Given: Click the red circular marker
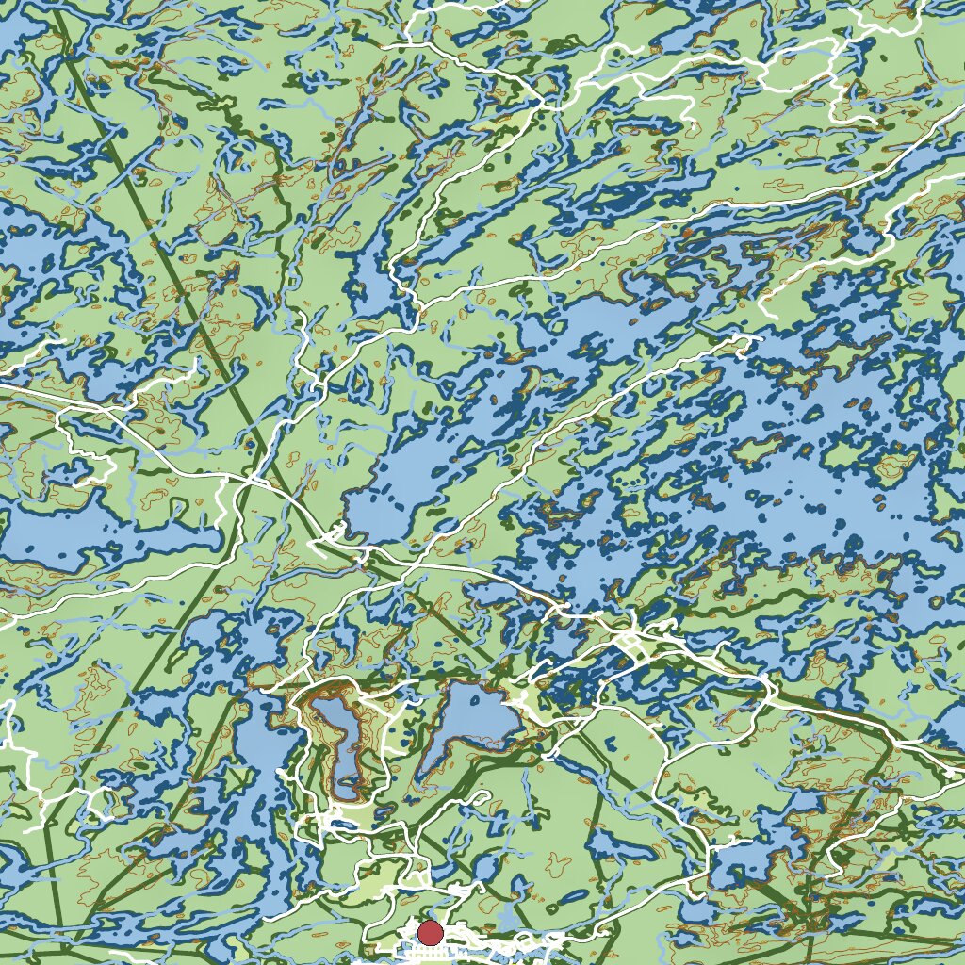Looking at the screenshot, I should [430, 933].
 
